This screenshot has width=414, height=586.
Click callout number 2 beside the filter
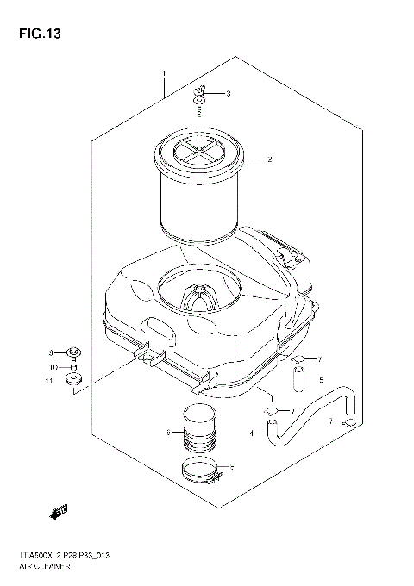[x=269, y=159]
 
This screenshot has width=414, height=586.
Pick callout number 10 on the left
[x=52, y=366]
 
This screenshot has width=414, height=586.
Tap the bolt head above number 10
[x=74, y=352]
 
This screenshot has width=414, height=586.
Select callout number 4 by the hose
[x=252, y=433]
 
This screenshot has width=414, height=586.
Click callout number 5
[x=320, y=379]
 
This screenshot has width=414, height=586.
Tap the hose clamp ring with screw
[x=205, y=470]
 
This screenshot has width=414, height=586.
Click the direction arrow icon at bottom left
[x=59, y=514]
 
